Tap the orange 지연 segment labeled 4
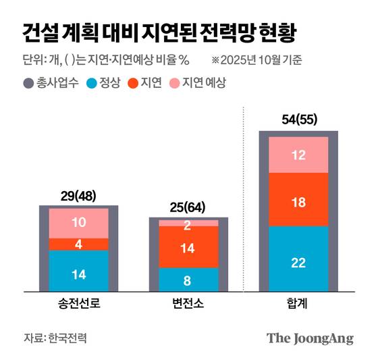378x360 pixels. pyautogui.click(x=78, y=245)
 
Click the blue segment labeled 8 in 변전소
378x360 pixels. pyautogui.click(x=188, y=280)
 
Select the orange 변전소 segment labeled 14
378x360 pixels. pyautogui.click(x=188, y=247)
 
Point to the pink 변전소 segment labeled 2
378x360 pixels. pyautogui.click(x=188, y=224)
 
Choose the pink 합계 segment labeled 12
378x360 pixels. pyautogui.click(x=298, y=155)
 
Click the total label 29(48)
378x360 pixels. pyautogui.click(x=78, y=197)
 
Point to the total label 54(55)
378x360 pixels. pyautogui.click(x=298, y=121)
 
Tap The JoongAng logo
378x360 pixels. pyautogui.click(x=309, y=338)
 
